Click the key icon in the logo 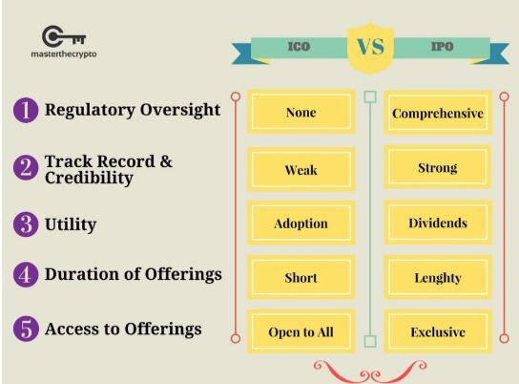pyautogui.click(x=64, y=36)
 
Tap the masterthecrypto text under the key pyautogui.click(x=64, y=54)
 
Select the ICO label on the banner pyautogui.click(x=299, y=47)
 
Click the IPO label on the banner pyautogui.click(x=442, y=47)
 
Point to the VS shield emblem pyautogui.click(x=370, y=48)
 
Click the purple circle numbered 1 pyautogui.click(x=26, y=110)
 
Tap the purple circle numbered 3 pyautogui.click(x=26, y=224)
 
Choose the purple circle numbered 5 pyautogui.click(x=26, y=329)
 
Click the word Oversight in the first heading pyautogui.click(x=180, y=111)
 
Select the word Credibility pyautogui.click(x=89, y=178)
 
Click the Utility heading pyautogui.click(x=71, y=224)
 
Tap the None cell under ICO pyautogui.click(x=301, y=112)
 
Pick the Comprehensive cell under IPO pyautogui.click(x=438, y=113)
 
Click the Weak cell pyautogui.click(x=301, y=169)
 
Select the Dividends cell pyautogui.click(x=438, y=223)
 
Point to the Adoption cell pyautogui.click(x=301, y=223)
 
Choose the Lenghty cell pyautogui.click(x=438, y=277)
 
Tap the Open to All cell pyautogui.click(x=301, y=331)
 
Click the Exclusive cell pyautogui.click(x=438, y=331)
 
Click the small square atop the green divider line pyautogui.click(x=370, y=96)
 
